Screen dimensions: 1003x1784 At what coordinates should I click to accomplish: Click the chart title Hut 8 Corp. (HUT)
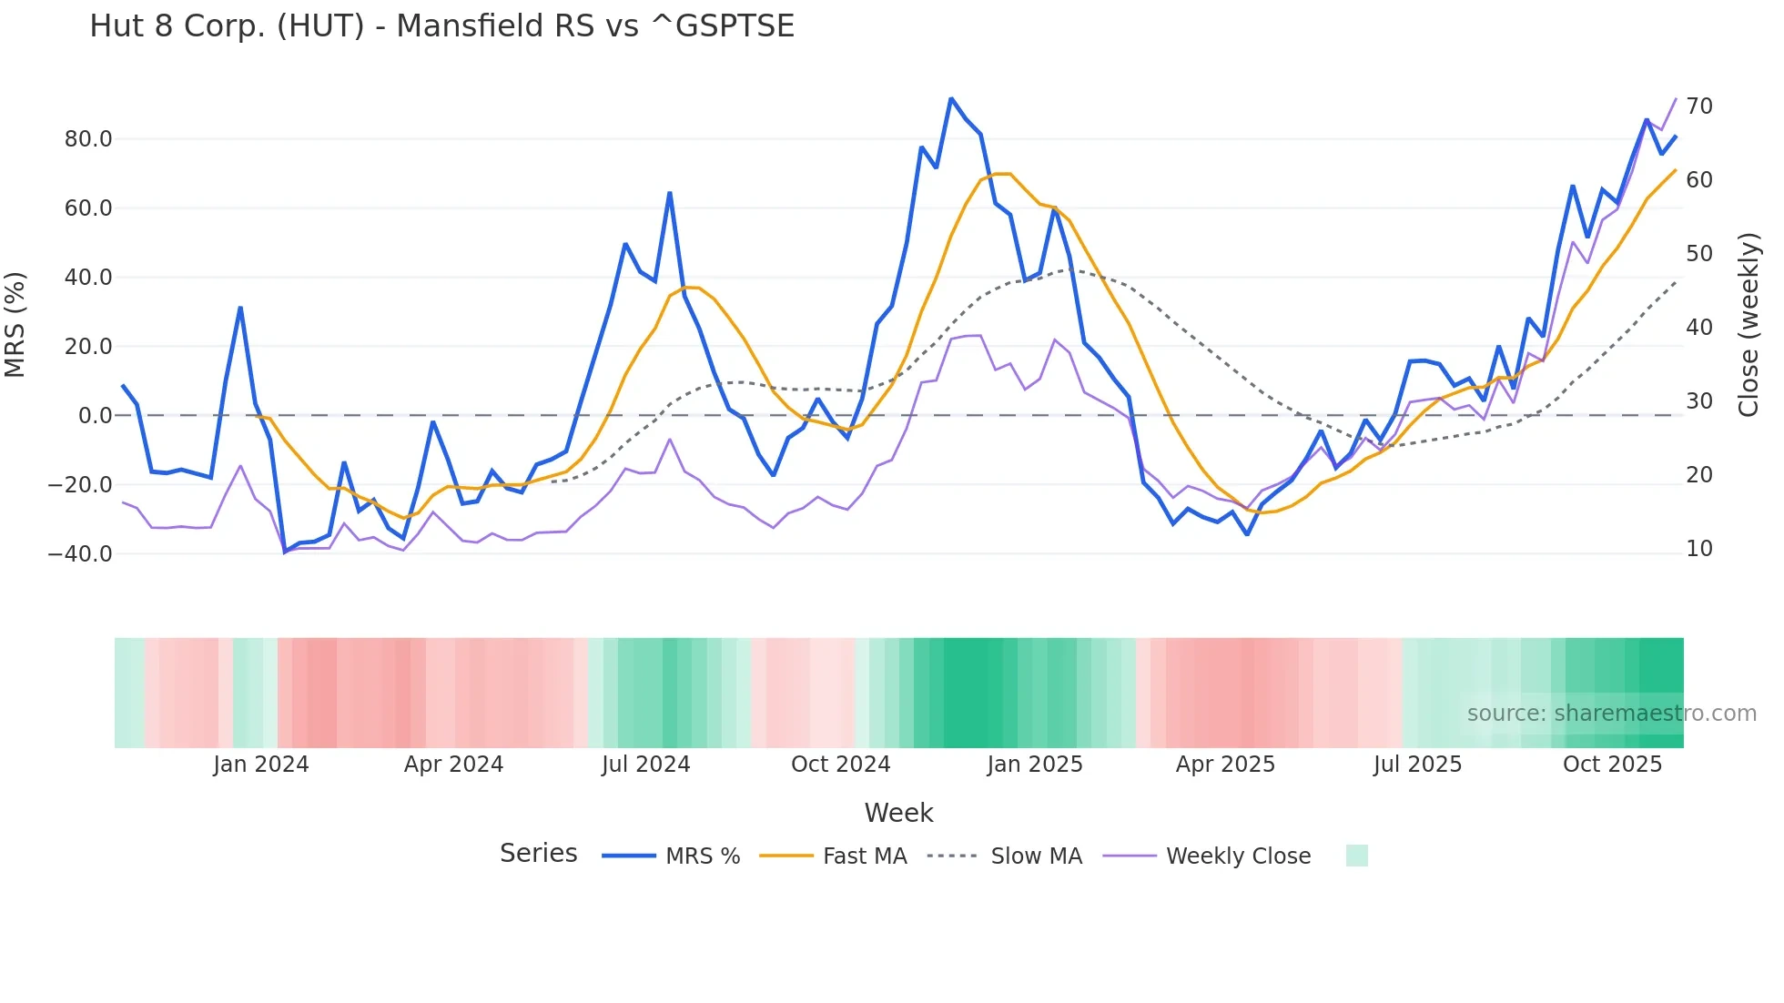click(441, 26)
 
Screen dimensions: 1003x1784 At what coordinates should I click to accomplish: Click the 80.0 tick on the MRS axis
click(88, 139)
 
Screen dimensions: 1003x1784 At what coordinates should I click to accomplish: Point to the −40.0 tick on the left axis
click(80, 553)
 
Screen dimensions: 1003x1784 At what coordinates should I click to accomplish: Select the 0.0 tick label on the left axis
click(95, 416)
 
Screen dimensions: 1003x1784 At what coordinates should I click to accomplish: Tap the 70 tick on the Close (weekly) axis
click(1698, 106)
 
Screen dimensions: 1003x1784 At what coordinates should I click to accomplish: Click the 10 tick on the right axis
click(1698, 549)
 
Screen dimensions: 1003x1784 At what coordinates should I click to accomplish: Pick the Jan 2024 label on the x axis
click(261, 765)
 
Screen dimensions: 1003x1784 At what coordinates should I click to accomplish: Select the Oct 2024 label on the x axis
click(840, 765)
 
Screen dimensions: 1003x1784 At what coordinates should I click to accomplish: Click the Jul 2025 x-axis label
click(1417, 765)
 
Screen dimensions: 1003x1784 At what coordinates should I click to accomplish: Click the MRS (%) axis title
click(15, 325)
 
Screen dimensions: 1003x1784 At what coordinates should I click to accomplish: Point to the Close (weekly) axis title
click(1749, 325)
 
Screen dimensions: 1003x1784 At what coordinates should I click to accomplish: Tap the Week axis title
click(898, 813)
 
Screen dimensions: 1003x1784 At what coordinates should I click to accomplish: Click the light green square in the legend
click(1356, 856)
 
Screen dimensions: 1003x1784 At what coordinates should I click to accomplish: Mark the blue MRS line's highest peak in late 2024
click(951, 98)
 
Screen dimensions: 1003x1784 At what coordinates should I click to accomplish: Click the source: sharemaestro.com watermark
click(1611, 714)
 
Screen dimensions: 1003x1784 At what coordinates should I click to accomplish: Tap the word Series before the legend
click(538, 854)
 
